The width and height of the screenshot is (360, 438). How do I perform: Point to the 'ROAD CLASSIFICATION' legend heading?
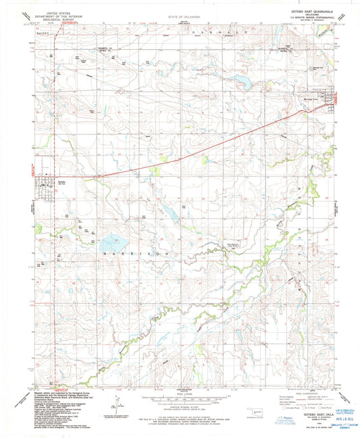pos(308,396)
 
